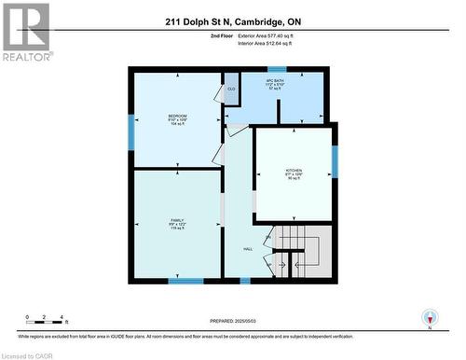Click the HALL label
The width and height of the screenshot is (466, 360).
pos(248,249)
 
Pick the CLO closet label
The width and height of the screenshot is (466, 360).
pos(231,89)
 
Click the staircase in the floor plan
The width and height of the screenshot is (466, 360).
pos(295,252)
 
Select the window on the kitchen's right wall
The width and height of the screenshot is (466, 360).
pos(334,160)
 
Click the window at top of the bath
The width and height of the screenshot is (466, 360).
pos(277,69)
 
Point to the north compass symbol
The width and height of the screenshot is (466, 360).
pos(429,318)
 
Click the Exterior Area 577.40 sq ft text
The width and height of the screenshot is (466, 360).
pos(277,35)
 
